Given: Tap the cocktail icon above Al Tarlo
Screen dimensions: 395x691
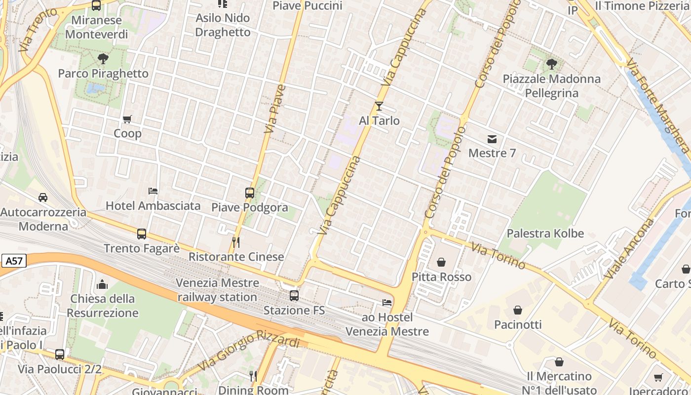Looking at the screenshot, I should [379, 106].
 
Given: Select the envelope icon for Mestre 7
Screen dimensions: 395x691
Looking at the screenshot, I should [492, 139].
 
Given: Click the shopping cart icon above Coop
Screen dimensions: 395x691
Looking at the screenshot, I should [127, 119].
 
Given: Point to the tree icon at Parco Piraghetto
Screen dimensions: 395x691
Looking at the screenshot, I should [103, 59].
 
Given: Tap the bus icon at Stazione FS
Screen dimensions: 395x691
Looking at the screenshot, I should [294, 296].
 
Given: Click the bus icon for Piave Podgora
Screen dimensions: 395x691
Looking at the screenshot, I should [250, 193].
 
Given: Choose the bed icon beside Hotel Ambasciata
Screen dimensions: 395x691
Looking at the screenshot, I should [153, 191].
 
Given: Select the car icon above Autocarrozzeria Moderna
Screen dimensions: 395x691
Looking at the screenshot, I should [43, 197].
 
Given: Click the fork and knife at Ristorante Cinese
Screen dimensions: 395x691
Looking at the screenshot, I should [236, 242].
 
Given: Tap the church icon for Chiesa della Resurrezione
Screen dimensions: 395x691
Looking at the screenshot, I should [102, 284].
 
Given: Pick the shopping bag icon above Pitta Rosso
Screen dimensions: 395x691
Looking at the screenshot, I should [441, 262].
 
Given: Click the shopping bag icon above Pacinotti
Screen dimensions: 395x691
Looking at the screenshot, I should [518, 310].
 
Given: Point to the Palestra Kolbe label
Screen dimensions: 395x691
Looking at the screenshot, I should [545, 234].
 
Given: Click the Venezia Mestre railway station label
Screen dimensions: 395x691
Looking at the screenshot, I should [218, 290].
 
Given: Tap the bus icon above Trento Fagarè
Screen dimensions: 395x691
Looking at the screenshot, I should [142, 234].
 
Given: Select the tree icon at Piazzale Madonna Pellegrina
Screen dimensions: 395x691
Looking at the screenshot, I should [551, 64].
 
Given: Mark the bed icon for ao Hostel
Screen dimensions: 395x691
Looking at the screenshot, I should [387, 302].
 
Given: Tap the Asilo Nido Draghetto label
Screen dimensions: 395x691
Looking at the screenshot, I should [223, 25].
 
